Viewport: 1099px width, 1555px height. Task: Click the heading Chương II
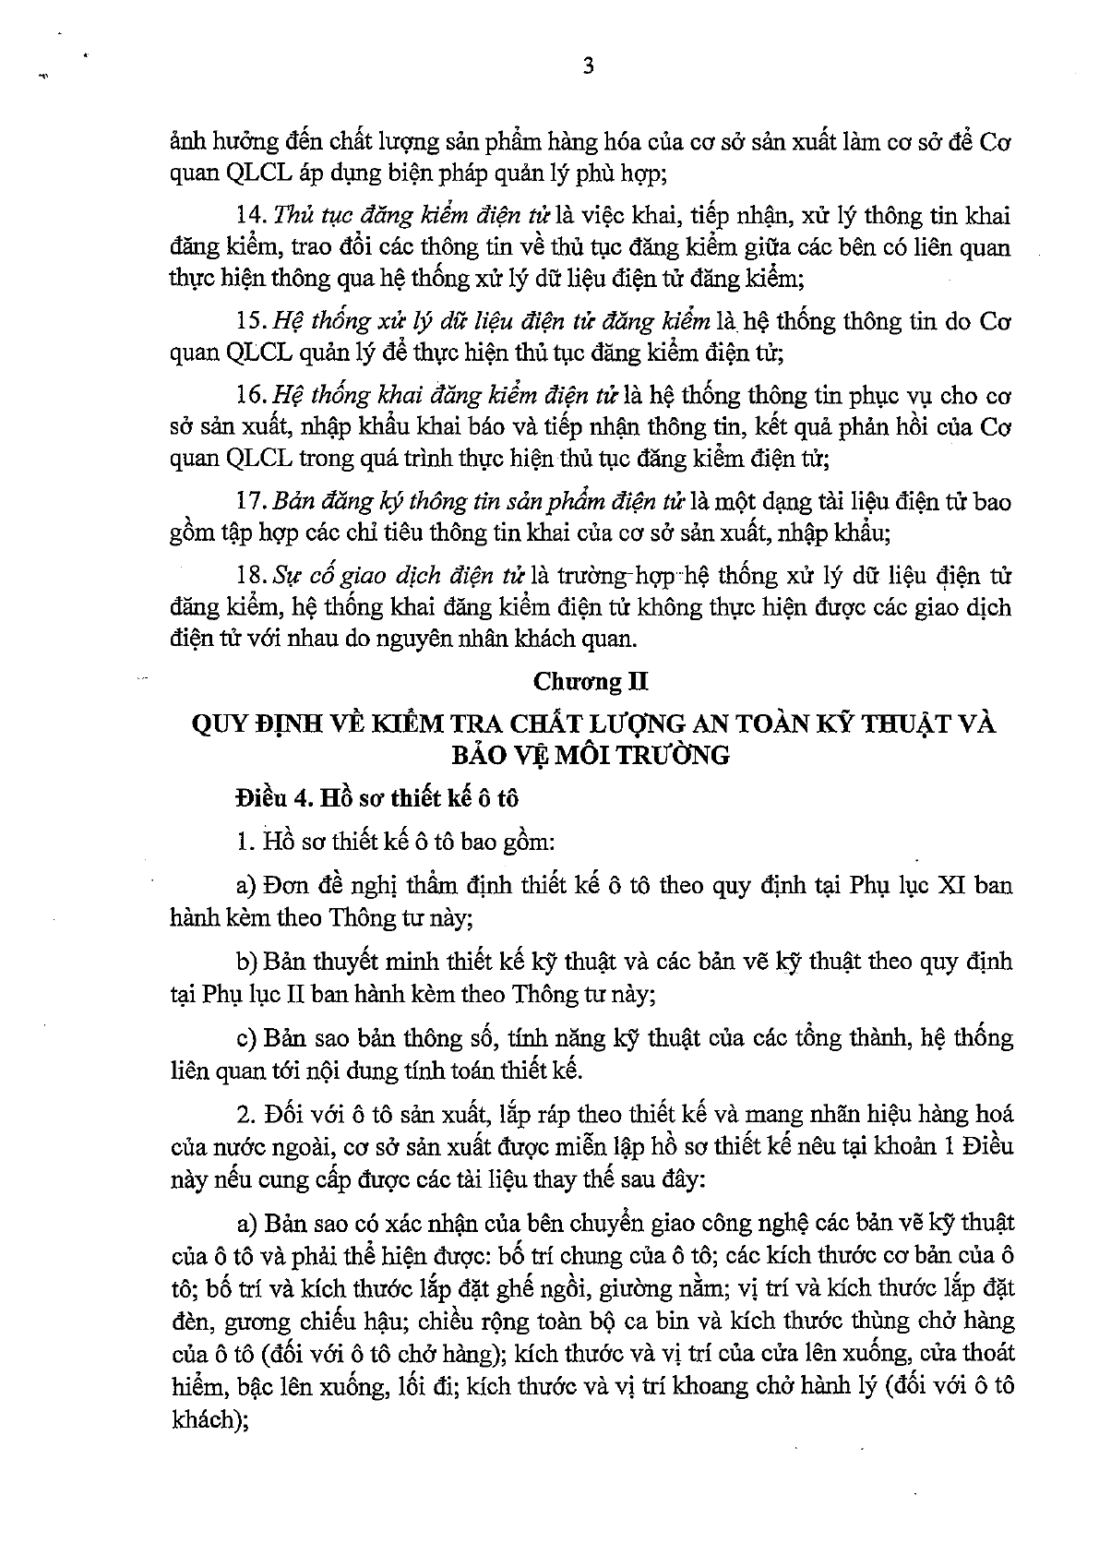tap(590, 681)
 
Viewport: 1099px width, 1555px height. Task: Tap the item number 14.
tap(249, 216)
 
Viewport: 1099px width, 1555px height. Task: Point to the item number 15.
tap(249, 322)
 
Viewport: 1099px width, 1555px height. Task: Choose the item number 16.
tap(249, 396)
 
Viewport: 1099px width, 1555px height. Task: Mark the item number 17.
tap(249, 502)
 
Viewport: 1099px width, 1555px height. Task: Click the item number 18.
tap(249, 576)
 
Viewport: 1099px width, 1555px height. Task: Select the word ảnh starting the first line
tap(189, 142)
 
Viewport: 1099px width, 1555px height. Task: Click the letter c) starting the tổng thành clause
tap(246, 1038)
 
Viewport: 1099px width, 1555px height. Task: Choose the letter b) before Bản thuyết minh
tap(246, 963)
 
